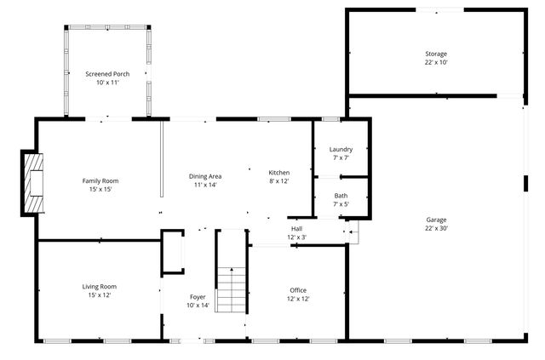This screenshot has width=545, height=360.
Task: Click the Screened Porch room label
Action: click(107, 74)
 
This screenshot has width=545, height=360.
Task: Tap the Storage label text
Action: click(436, 54)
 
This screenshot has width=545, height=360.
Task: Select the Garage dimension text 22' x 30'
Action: click(436, 228)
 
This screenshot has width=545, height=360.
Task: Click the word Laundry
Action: click(341, 149)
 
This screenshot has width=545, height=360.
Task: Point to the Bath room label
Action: click(341, 196)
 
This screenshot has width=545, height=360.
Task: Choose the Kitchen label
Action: click(279, 172)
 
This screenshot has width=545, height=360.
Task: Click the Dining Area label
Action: click(205, 176)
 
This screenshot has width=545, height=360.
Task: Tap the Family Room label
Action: click(100, 180)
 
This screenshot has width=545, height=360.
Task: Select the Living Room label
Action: click(99, 287)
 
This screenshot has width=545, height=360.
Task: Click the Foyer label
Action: click(198, 297)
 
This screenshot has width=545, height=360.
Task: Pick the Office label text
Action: click(297, 290)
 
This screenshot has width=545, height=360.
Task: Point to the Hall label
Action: click(296, 228)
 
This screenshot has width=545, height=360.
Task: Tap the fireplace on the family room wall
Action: click(32, 181)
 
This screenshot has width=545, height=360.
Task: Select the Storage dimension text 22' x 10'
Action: click(436, 62)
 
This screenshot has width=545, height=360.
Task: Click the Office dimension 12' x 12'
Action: click(297, 299)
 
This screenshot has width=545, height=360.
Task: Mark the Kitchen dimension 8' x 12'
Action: click(279, 180)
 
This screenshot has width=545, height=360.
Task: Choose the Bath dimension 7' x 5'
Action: click(341, 204)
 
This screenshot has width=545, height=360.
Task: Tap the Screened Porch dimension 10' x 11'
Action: click(107, 83)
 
